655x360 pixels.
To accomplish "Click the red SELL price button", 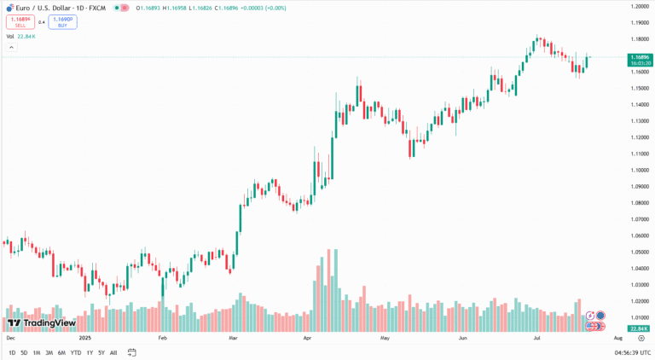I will (x=20, y=22).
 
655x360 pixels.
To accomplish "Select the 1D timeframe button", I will (x=12, y=352).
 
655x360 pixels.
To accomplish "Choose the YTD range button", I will (x=76, y=352).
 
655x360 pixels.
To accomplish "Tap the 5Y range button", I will (x=101, y=352).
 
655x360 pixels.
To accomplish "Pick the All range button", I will (x=113, y=352).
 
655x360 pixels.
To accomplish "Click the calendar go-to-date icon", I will (x=132, y=352).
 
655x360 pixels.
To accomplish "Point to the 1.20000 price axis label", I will (x=640, y=6).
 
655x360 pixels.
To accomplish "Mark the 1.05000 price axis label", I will (x=640, y=252).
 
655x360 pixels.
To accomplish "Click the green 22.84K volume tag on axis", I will (x=639, y=328).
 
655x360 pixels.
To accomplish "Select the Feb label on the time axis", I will (x=163, y=339).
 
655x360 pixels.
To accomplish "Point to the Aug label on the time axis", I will (x=618, y=339).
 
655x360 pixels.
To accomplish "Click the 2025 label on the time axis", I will (x=85, y=339).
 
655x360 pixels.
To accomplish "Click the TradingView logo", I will (x=42, y=323).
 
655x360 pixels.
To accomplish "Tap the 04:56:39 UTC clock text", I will (x=632, y=352).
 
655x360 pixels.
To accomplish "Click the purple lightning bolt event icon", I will (x=589, y=316).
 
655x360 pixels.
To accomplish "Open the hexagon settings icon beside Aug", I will (x=641, y=339).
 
